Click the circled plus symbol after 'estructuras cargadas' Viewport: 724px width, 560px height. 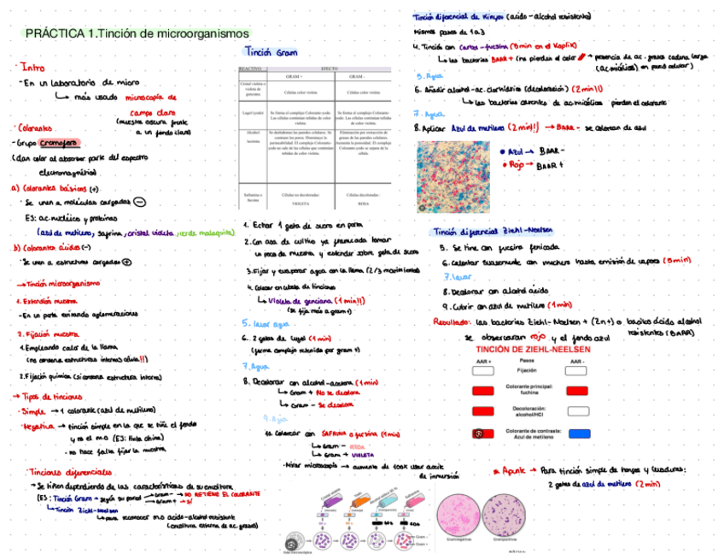126,262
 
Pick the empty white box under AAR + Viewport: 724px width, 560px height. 483,370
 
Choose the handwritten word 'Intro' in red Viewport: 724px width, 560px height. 33,66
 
